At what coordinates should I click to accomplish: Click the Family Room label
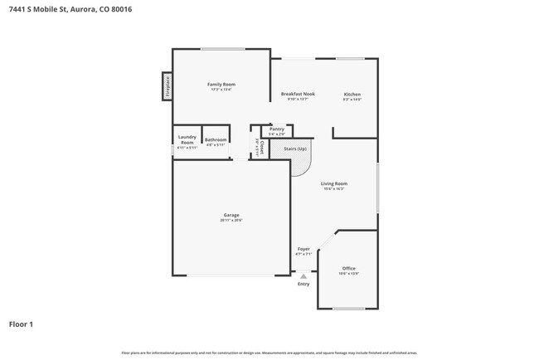(x=221, y=85)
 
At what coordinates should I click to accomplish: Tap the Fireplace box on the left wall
(x=167, y=86)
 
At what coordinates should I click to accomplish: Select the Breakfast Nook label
(x=297, y=95)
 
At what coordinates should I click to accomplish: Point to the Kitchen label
(x=352, y=95)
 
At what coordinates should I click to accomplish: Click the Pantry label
(x=277, y=129)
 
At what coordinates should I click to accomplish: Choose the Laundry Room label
(x=187, y=140)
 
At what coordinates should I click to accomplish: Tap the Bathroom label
(x=216, y=140)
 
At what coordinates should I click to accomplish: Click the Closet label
(x=262, y=148)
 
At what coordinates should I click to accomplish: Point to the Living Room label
(x=334, y=184)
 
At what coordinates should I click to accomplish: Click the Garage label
(x=231, y=215)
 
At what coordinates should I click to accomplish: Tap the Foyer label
(x=303, y=249)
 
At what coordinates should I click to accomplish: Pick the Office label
(x=348, y=269)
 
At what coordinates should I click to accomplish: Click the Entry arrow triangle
(x=303, y=276)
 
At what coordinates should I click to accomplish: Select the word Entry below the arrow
(x=303, y=285)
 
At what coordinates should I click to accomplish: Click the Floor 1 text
(x=22, y=324)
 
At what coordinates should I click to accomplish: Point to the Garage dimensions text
(x=231, y=221)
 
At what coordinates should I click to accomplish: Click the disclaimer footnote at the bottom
(x=269, y=353)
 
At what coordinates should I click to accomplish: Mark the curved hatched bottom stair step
(x=300, y=167)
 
